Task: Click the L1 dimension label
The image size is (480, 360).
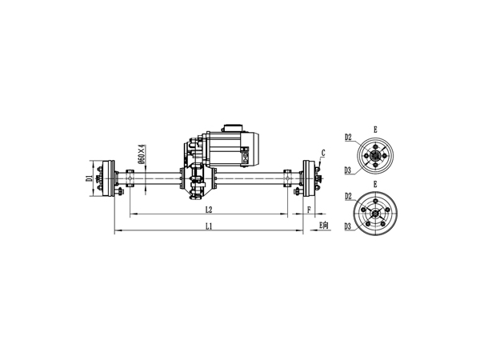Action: click(209, 226)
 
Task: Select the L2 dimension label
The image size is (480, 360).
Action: click(209, 210)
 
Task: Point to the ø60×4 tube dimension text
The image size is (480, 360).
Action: click(142, 153)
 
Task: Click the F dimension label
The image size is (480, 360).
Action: click(309, 210)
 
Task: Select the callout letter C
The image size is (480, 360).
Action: click(323, 152)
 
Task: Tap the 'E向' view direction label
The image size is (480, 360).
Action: click(323, 226)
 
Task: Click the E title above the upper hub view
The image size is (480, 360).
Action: click(375, 128)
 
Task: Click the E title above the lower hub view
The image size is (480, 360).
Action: click(375, 185)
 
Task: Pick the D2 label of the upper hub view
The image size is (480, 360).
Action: click(349, 138)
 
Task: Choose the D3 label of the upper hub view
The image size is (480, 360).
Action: click(349, 170)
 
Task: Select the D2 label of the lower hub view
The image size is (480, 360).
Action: click(349, 196)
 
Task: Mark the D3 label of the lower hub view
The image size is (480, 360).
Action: click(349, 226)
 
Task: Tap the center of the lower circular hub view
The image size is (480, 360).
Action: click(375, 211)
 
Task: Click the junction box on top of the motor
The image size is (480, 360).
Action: click(234, 129)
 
